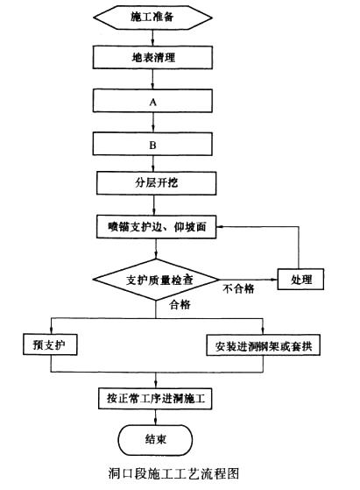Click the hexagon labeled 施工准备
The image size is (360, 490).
point(152,18)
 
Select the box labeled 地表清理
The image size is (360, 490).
point(152,58)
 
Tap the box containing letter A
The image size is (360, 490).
point(152,102)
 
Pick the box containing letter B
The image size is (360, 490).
point(152,145)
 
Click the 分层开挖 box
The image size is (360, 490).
point(156,183)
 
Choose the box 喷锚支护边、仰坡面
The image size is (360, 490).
point(156,227)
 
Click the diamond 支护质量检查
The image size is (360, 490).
point(156,280)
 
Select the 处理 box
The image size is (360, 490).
point(300,279)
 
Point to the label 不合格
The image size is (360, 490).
point(238,288)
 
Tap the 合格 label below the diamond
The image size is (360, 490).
point(180,304)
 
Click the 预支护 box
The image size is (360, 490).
point(50,344)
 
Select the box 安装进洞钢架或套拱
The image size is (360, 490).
point(263,345)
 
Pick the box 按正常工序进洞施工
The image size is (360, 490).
point(155,399)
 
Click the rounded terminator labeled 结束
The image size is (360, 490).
point(155,440)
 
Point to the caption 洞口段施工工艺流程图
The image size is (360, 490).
point(173,473)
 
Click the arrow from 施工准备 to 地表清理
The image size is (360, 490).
point(152,38)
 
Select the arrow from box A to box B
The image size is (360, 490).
point(153,123)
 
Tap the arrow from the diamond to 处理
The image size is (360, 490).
point(249,280)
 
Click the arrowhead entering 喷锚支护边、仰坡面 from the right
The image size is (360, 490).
point(219,226)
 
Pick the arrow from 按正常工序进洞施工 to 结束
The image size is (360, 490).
point(155,417)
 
